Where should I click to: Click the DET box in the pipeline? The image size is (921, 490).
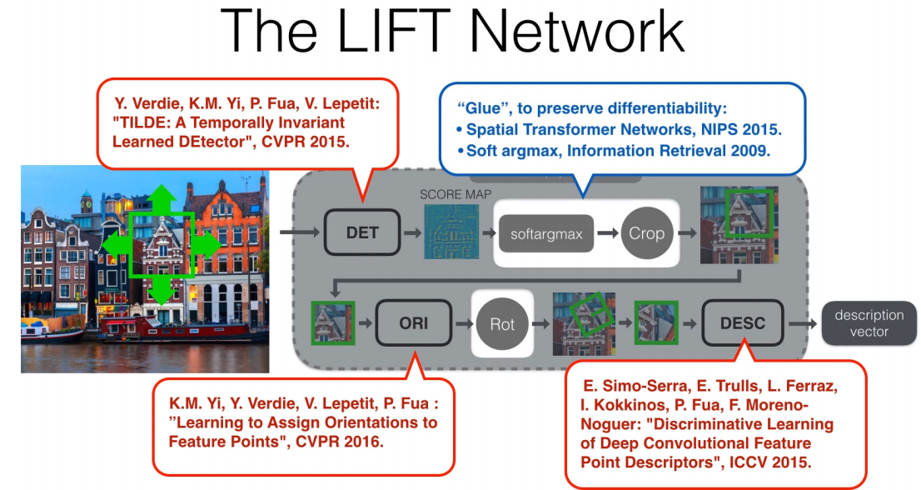pyautogui.click(x=361, y=232)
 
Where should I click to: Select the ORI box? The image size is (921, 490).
pyautogui.click(x=414, y=322)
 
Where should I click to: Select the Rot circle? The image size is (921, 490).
pyautogui.click(x=502, y=322)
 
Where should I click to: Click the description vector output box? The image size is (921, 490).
pyautogui.click(x=869, y=323)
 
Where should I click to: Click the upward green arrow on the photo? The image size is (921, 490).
pyautogui.click(x=162, y=197)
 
